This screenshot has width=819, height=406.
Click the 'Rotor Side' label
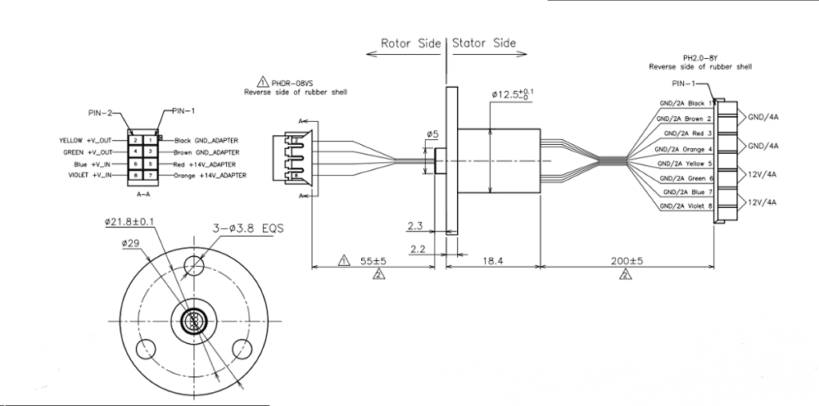click(x=410, y=43)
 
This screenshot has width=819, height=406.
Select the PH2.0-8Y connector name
click(x=699, y=58)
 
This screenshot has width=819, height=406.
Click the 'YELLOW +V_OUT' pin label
click(x=85, y=140)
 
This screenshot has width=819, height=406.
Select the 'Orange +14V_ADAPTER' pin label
click(x=210, y=175)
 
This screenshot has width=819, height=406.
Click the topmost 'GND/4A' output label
click(x=762, y=116)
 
